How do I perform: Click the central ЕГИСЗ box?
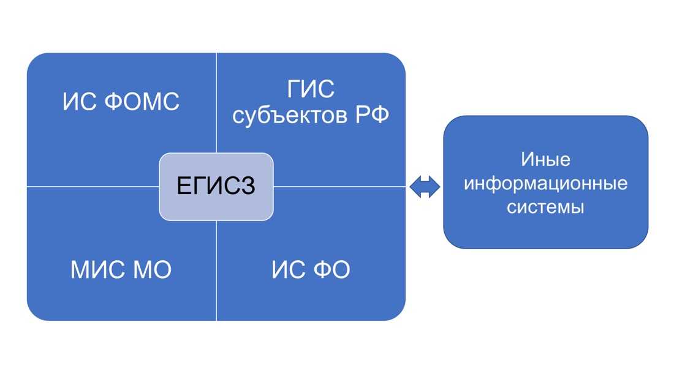[x=216, y=186]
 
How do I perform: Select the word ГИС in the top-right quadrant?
[x=311, y=90]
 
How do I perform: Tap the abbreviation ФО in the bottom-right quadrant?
[x=330, y=270]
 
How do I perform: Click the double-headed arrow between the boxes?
[x=425, y=187]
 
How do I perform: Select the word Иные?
[x=545, y=160]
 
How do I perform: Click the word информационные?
[x=545, y=184]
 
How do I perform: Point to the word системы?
[x=545, y=207]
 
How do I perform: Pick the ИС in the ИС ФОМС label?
[x=76, y=102]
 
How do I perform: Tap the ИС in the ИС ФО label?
[x=285, y=270]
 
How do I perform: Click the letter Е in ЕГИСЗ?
[x=183, y=186]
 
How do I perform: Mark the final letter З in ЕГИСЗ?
[x=248, y=186]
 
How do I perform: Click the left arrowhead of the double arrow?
[x=414, y=187]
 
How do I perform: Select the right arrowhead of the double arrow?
[x=435, y=187]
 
